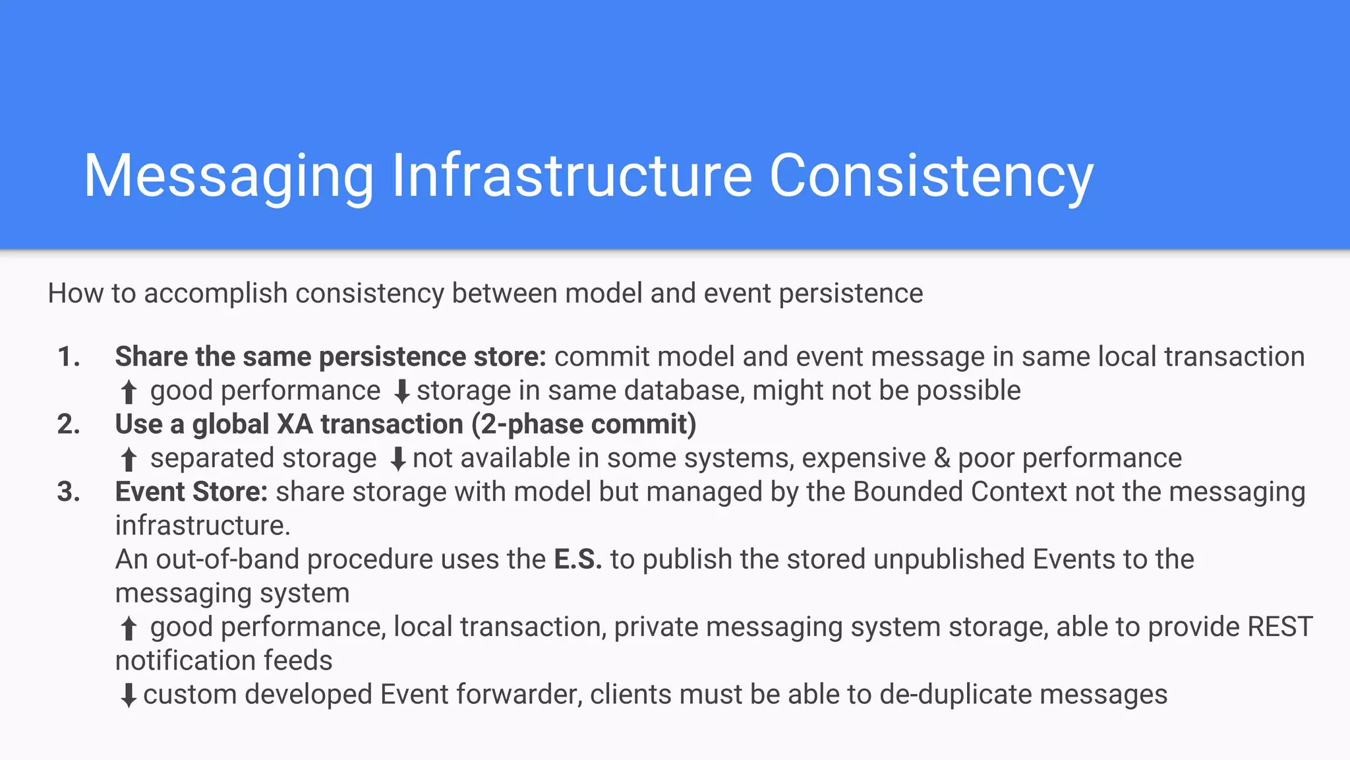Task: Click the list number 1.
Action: [69, 357]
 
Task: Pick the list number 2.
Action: [69, 424]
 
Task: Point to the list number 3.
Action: [69, 492]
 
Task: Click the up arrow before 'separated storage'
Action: [129, 459]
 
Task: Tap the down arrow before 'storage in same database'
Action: [401, 392]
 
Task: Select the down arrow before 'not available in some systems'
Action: [397, 459]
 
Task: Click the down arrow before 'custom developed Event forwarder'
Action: [129, 695]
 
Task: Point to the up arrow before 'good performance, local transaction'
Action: [129, 628]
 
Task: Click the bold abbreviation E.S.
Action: [577, 559]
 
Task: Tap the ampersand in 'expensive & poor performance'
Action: [942, 458]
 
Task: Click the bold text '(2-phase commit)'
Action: [583, 424]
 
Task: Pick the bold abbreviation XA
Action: [295, 424]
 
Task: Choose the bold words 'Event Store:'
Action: [191, 492]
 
